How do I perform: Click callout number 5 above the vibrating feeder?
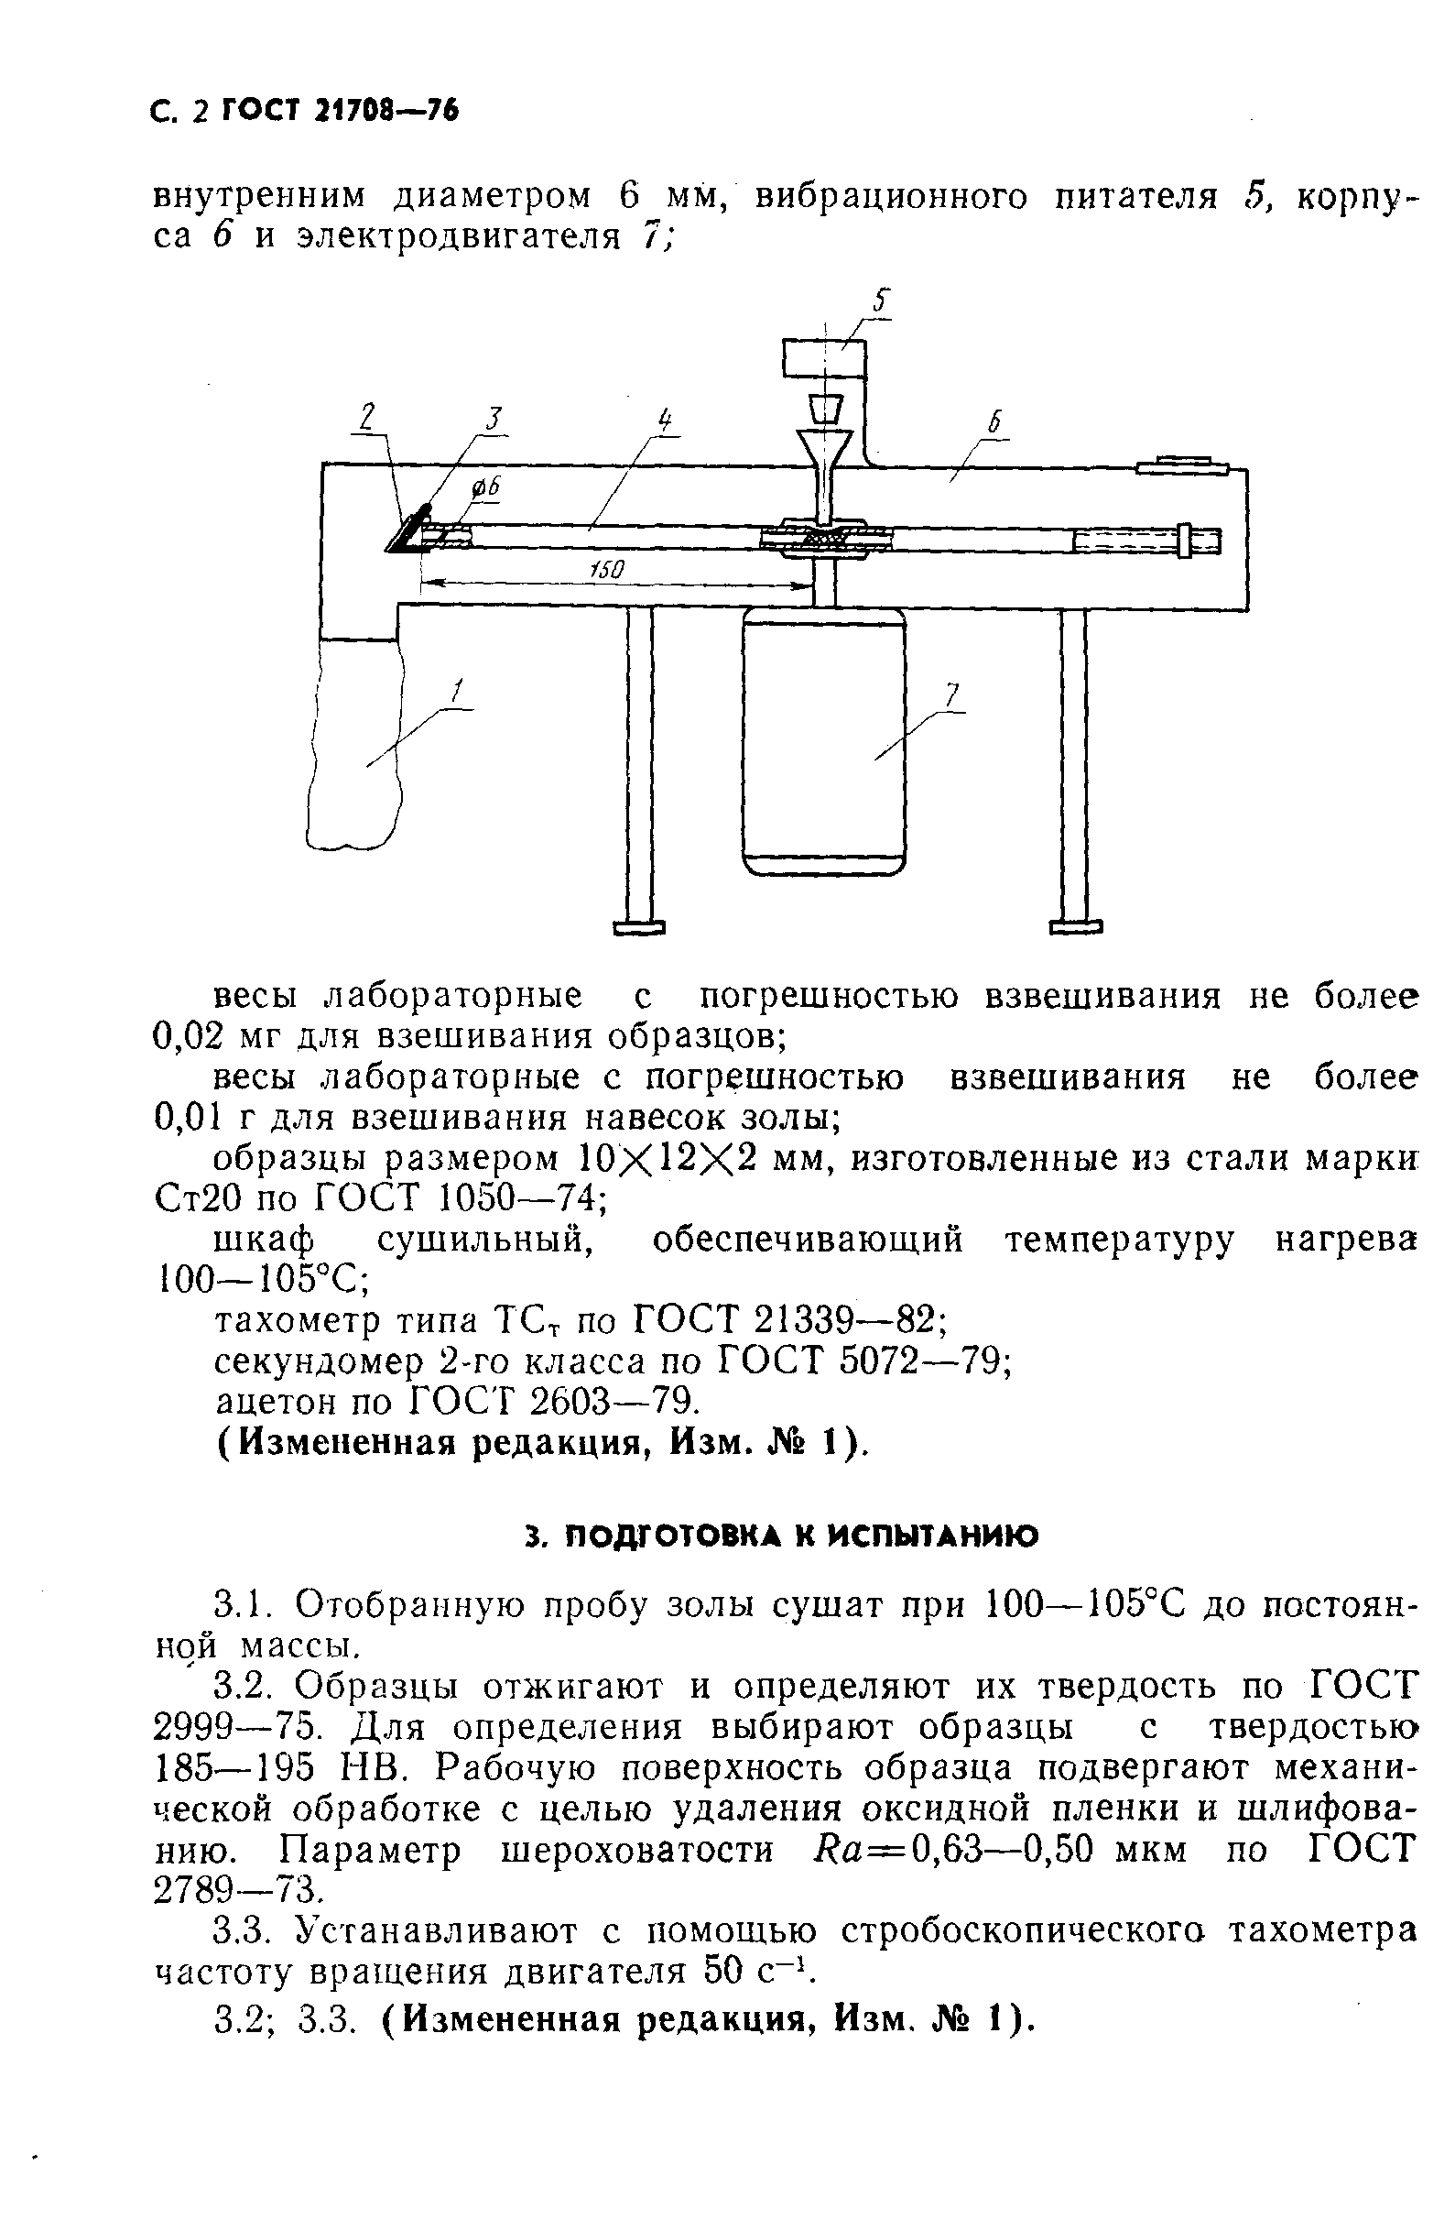[x=882, y=302]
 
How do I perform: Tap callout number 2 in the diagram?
[x=368, y=416]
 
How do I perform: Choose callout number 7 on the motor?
[x=950, y=694]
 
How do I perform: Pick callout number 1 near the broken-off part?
[x=457, y=692]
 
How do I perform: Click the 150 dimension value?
[x=607, y=570]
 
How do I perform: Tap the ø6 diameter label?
[x=485, y=486]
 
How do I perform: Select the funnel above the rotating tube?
[x=824, y=457]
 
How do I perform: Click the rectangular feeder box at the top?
[x=824, y=359]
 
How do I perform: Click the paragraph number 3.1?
[x=240, y=1605]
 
